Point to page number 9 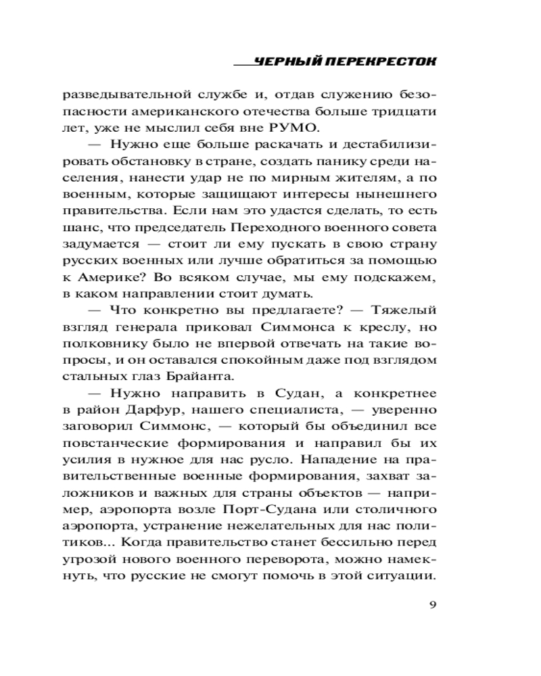tap(432, 604)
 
